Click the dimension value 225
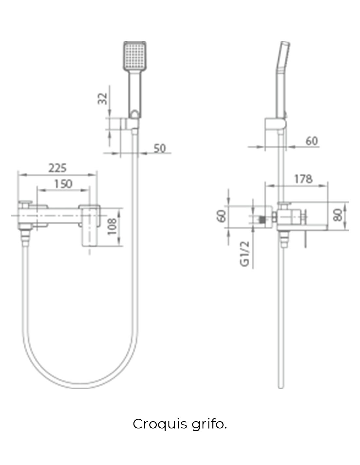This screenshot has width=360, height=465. click(57, 168)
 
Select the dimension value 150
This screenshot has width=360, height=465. click(63, 184)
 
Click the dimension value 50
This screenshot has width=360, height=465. click(160, 148)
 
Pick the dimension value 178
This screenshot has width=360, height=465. click(303, 179)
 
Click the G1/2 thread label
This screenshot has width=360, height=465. click(245, 254)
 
